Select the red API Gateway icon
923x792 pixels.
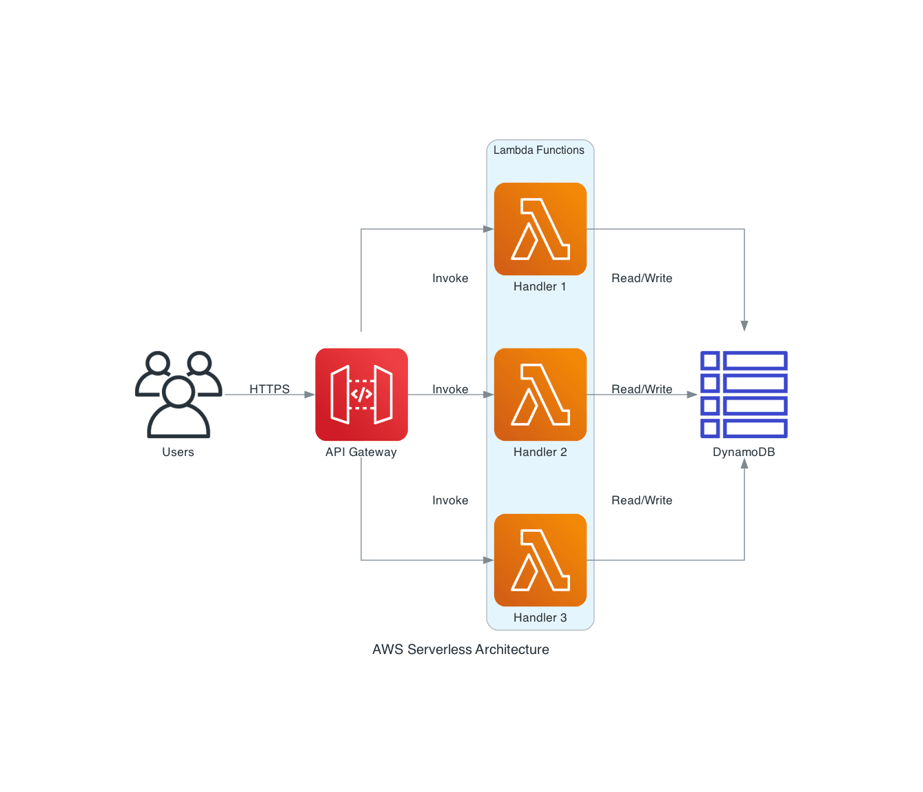point(361,394)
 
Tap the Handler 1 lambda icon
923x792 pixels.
point(540,229)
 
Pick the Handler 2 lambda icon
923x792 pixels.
point(540,394)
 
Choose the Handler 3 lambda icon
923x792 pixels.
point(540,560)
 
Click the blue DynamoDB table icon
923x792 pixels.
point(744,394)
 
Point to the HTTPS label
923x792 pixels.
point(270,389)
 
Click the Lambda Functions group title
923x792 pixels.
point(538,150)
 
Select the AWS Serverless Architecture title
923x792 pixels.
point(460,649)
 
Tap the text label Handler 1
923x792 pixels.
point(540,286)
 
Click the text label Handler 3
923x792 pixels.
point(540,617)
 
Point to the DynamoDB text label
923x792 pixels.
point(744,452)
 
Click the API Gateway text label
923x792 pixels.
point(361,452)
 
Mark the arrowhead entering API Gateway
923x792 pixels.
point(310,394)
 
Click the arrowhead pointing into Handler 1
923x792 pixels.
point(489,229)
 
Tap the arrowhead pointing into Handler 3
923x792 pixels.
point(489,560)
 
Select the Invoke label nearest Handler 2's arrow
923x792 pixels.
point(450,389)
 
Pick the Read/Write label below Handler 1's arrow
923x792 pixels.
point(642,278)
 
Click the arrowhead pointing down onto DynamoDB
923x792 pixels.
point(744,326)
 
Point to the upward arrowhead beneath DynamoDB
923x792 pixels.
point(744,463)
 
